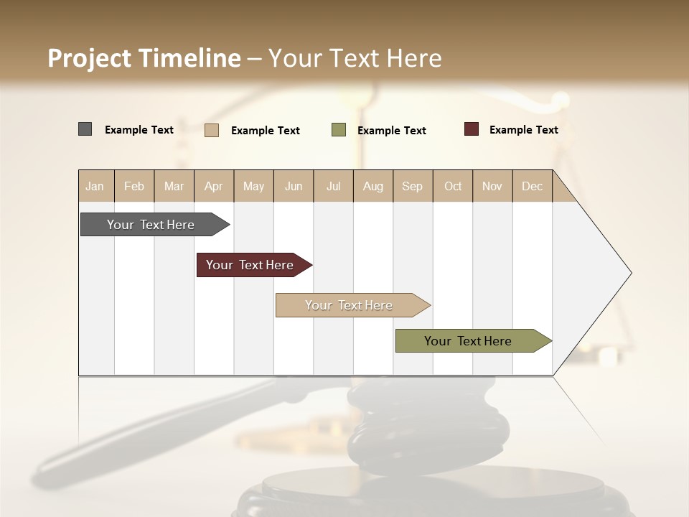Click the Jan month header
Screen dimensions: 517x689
tap(95, 186)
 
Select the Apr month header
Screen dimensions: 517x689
tap(213, 186)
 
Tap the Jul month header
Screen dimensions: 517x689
tap(333, 186)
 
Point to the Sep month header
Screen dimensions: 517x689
tap(412, 186)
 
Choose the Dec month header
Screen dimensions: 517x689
tap(532, 186)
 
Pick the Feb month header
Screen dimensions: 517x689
tap(134, 186)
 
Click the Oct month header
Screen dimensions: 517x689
tap(453, 186)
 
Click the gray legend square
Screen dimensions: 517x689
tap(85, 129)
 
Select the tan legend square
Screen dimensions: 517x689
tap(212, 130)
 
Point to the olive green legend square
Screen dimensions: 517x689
tap(339, 130)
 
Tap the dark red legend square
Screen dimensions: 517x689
tap(472, 129)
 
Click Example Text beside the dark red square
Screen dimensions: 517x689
tap(523, 130)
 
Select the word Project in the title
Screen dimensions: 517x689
tap(89, 59)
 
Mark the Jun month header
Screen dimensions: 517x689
tap(294, 186)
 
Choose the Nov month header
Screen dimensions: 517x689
tap(492, 186)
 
